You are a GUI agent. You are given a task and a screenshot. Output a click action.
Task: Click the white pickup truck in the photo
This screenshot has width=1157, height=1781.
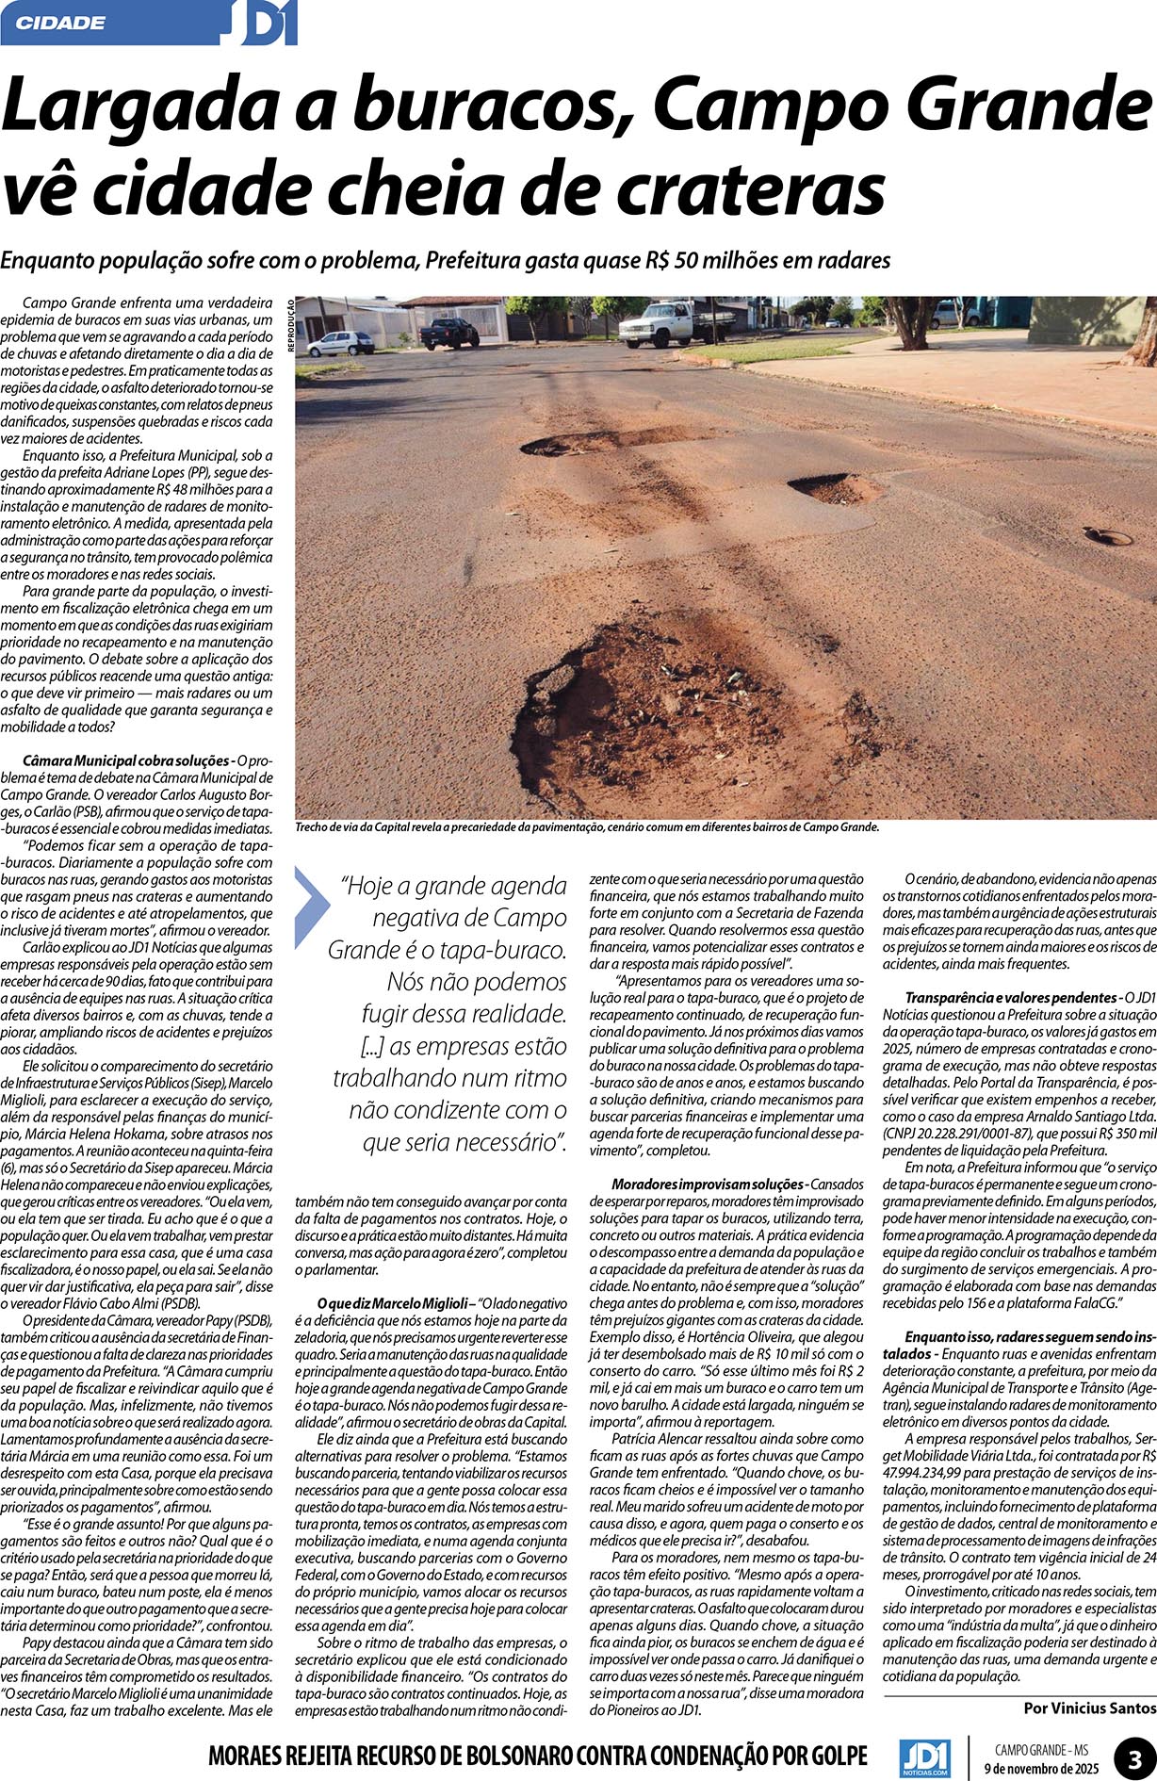676,322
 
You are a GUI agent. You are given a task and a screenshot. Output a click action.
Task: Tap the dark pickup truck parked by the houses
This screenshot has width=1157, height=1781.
448,333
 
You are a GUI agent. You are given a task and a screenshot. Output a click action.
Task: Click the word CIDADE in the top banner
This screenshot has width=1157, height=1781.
61,23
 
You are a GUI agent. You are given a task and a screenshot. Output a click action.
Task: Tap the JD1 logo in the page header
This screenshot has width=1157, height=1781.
262,24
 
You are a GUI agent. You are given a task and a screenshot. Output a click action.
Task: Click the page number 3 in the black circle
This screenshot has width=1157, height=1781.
1133,1756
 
